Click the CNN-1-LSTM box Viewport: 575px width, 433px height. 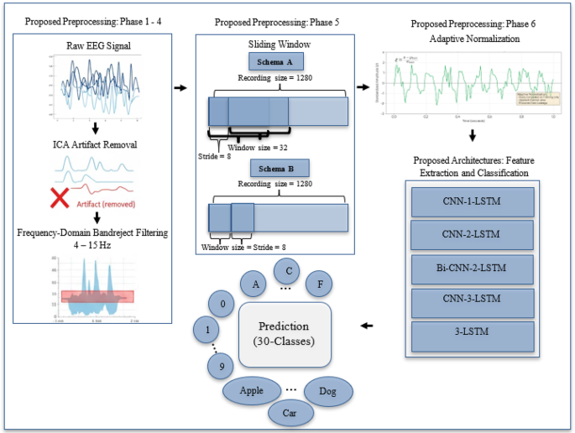(x=473, y=202)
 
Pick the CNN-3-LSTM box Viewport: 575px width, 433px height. (x=473, y=303)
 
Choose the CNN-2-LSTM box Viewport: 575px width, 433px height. (x=473, y=236)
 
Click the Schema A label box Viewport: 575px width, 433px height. (x=275, y=61)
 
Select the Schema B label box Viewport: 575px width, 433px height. (x=275, y=168)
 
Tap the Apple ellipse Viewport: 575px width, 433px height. (x=253, y=391)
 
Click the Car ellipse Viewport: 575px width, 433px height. (x=290, y=413)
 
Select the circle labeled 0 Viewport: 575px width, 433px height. (x=222, y=304)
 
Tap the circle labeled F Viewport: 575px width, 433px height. (x=319, y=284)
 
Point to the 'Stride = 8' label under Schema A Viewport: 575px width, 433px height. (x=216, y=156)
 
